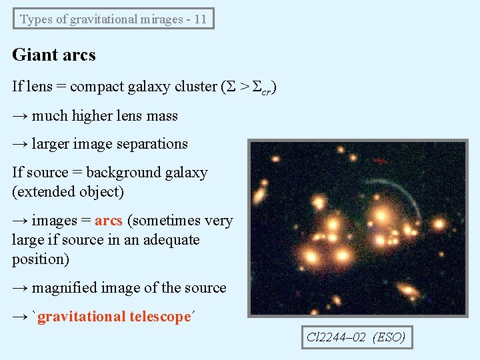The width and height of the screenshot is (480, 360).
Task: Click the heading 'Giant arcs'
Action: pos(54,55)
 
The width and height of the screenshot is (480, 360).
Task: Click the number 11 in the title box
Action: pos(200,19)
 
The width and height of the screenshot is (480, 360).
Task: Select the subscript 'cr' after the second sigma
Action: pos(265,91)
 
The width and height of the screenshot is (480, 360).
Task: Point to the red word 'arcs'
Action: pos(109,221)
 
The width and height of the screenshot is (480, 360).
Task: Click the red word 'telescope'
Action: pos(157,317)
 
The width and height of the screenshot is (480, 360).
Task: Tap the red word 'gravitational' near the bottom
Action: pos(81,317)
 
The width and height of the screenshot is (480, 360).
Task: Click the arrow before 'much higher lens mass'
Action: pos(20,116)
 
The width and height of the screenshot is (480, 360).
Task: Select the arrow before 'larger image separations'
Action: pos(20,144)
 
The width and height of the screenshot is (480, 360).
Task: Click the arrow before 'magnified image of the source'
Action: pos(20,288)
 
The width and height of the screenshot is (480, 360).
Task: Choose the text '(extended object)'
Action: pos(68,192)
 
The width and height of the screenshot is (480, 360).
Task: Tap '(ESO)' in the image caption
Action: pos(389,337)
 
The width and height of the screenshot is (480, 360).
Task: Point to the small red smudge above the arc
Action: pos(379,161)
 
